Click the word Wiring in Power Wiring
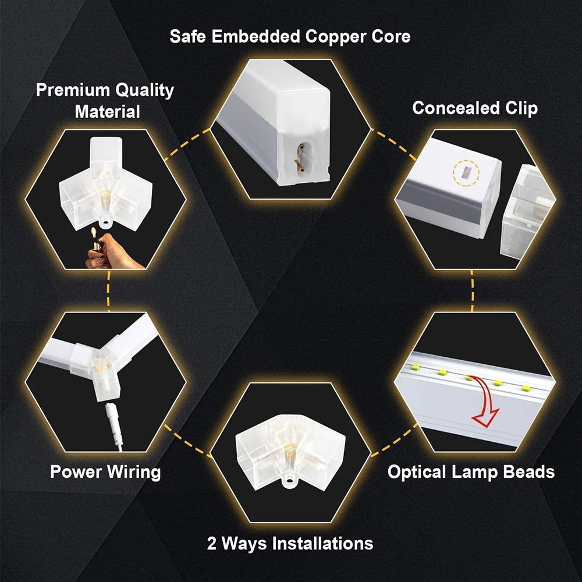(133, 471)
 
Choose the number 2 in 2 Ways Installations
(212, 544)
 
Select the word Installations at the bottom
(323, 544)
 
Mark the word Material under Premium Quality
(108, 111)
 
